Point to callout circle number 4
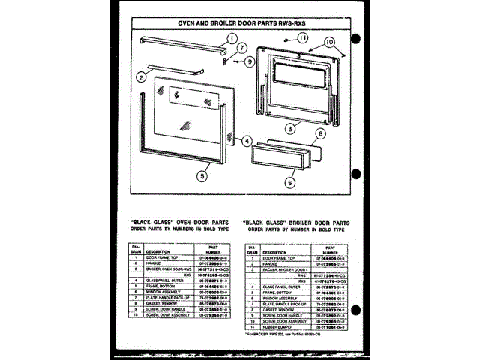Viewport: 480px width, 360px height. [247, 140]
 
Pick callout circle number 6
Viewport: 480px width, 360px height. [290, 181]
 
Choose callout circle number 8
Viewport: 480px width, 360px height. [320, 134]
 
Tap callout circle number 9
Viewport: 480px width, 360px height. [250, 60]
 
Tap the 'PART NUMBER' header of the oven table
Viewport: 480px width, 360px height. [213, 247]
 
